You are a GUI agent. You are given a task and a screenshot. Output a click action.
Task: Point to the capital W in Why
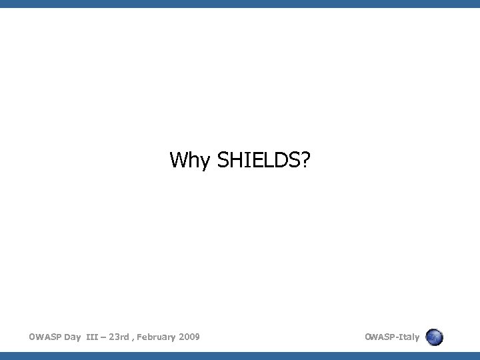pos(178,160)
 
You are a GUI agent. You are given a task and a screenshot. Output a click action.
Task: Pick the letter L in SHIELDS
pos(267,160)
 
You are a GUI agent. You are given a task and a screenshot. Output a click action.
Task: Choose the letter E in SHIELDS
pos(256,160)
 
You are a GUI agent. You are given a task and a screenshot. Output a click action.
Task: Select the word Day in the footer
pos(73,337)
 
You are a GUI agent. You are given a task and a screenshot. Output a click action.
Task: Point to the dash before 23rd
pos(107,337)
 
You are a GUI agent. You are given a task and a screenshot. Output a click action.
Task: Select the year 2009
pos(189,337)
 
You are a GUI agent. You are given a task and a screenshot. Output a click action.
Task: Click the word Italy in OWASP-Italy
pos(408,337)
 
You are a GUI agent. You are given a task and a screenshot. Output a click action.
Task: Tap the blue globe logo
pos(434,337)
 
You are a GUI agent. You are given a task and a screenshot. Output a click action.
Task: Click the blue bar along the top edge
pos(240,3)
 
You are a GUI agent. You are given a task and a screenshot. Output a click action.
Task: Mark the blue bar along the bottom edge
pos(240,355)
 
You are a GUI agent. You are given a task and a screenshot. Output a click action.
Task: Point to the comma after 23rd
pos(135,339)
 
